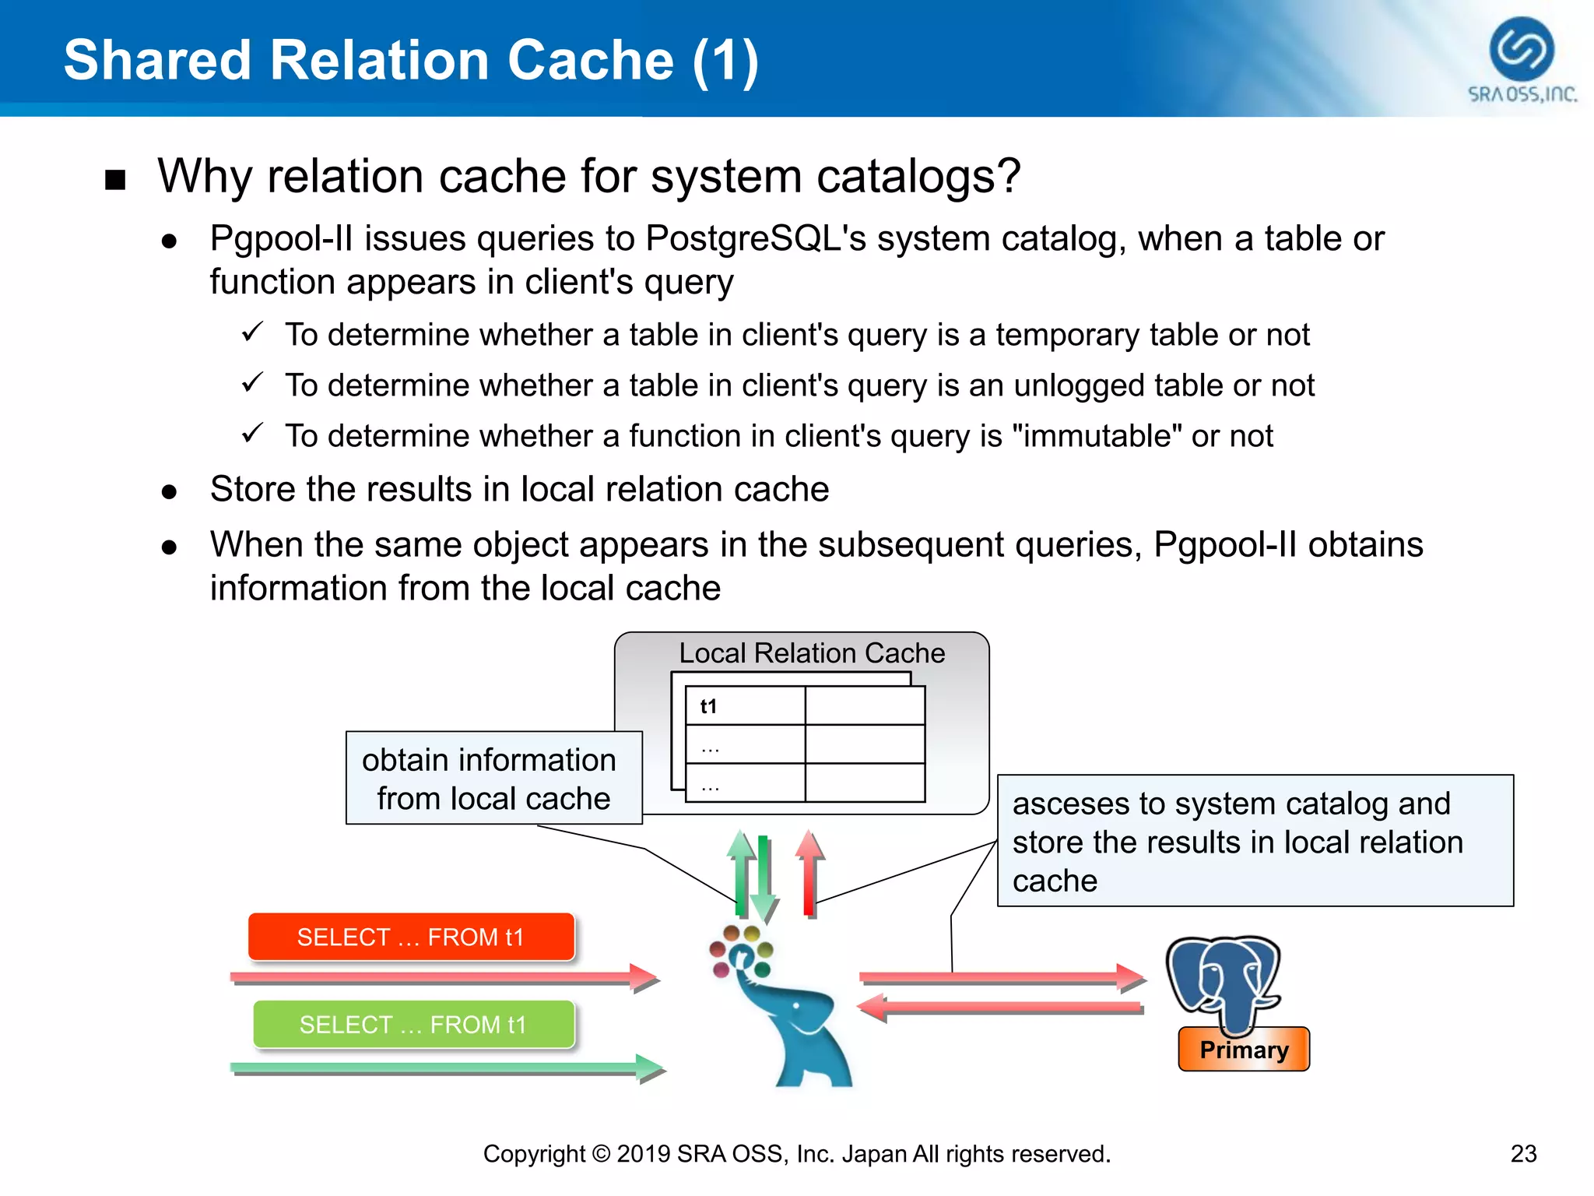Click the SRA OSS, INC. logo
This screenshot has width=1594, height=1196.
pyautogui.click(x=1522, y=59)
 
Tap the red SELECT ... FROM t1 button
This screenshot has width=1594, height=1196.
pyautogui.click(x=411, y=937)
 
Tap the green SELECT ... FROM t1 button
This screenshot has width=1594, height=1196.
pyautogui.click(x=413, y=1024)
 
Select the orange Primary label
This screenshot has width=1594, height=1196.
pyautogui.click(x=1244, y=1050)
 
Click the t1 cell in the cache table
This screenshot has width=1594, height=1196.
pyautogui.click(x=708, y=706)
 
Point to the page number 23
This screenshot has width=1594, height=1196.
pyautogui.click(x=1523, y=1153)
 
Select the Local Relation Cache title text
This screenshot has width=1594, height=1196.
pyautogui.click(x=812, y=653)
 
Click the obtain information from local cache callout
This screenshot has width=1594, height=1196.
pyautogui.click(x=493, y=778)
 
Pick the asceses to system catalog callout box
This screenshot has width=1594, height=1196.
pyautogui.click(x=1255, y=841)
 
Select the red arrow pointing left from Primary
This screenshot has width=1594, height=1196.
pyautogui.click(x=1000, y=1008)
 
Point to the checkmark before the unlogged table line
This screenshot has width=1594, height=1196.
pyautogui.click(x=252, y=383)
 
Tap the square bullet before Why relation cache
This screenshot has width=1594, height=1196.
pyautogui.click(x=115, y=180)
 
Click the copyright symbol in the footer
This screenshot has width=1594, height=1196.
pyautogui.click(x=600, y=1153)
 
